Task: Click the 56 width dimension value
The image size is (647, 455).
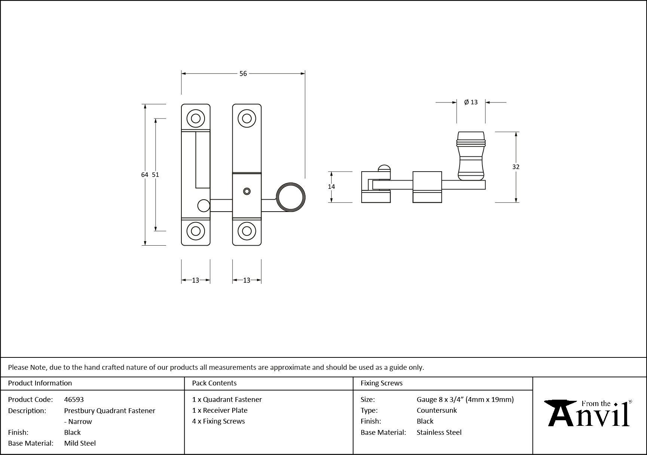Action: click(x=243, y=74)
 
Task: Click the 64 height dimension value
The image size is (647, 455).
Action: click(x=145, y=175)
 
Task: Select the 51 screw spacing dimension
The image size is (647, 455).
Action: click(x=156, y=175)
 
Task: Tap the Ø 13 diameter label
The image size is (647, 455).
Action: click(x=471, y=102)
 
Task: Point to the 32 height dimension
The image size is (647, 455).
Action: click(x=516, y=167)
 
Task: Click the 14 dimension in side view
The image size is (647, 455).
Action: click(x=331, y=187)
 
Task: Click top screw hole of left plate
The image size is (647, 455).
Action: click(x=196, y=119)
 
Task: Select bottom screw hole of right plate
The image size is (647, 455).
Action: click(x=247, y=231)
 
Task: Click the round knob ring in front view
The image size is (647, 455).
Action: click(x=291, y=197)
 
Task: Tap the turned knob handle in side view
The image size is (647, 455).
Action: click(x=471, y=155)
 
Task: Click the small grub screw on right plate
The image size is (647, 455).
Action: click(x=246, y=191)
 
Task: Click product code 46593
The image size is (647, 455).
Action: click(x=74, y=399)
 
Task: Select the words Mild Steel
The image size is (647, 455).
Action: click(x=80, y=443)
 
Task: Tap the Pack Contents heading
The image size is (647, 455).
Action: click(x=214, y=383)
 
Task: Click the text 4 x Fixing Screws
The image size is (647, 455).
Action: click(x=218, y=421)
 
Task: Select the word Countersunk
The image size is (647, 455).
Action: click(x=437, y=410)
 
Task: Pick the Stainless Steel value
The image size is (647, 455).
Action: click(x=439, y=432)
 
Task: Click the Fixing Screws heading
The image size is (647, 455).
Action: click(x=381, y=383)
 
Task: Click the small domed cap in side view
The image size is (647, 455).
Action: click(x=384, y=168)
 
